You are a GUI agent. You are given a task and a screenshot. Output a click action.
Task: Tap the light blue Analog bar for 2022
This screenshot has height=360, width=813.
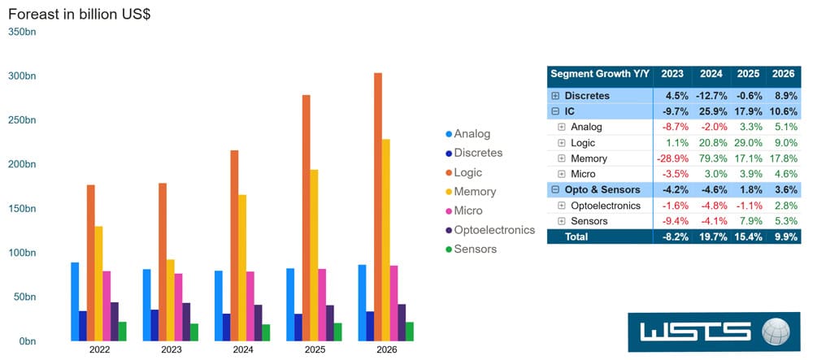tap(75, 301)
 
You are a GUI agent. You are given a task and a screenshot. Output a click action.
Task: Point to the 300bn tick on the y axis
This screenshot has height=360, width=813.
tap(22, 76)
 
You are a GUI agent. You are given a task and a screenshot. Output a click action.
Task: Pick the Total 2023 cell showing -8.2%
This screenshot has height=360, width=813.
tap(672, 236)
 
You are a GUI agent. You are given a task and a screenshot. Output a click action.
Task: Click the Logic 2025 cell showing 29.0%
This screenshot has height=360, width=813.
tap(746, 142)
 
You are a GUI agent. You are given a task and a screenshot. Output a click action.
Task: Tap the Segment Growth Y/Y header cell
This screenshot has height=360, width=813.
tap(600, 73)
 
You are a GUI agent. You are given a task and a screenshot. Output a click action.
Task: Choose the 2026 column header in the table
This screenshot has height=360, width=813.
tap(782, 73)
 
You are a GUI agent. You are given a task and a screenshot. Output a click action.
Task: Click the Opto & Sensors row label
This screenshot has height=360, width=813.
tap(603, 189)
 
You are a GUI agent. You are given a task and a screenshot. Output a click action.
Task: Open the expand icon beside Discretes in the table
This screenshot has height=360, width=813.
tap(555, 96)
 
